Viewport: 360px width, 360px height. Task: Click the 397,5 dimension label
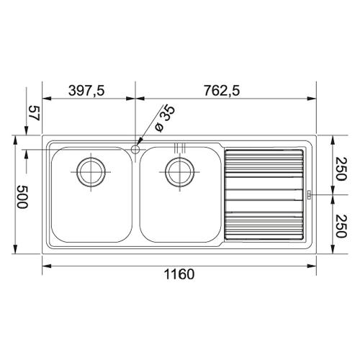pyautogui.click(x=86, y=91)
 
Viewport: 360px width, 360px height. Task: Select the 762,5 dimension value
pyautogui.click(x=222, y=91)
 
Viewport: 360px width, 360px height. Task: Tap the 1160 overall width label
pyautogui.click(x=179, y=274)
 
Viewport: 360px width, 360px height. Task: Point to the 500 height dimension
pyautogui.click(x=22, y=197)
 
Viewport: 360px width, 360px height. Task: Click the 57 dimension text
pyautogui.click(x=34, y=113)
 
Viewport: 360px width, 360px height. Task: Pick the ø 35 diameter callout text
pyautogui.click(x=165, y=119)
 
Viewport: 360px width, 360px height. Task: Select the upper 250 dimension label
pyautogui.click(x=341, y=168)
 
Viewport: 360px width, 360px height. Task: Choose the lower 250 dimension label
pyautogui.click(x=341, y=226)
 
